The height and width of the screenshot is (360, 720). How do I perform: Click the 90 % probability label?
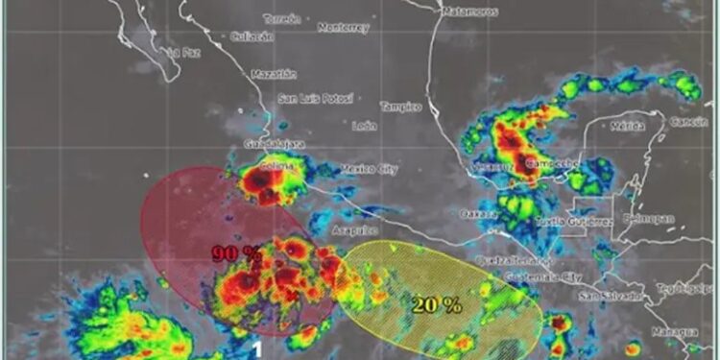236,253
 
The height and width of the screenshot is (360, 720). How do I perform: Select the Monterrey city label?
343,28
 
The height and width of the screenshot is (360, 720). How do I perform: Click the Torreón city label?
280,18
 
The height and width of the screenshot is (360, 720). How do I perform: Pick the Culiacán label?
252,36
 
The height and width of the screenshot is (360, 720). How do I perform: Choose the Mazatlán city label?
274,74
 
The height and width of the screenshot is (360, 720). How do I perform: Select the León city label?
365,126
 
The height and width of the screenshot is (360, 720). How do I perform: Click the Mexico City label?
370,170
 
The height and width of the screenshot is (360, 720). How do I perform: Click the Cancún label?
688,122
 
